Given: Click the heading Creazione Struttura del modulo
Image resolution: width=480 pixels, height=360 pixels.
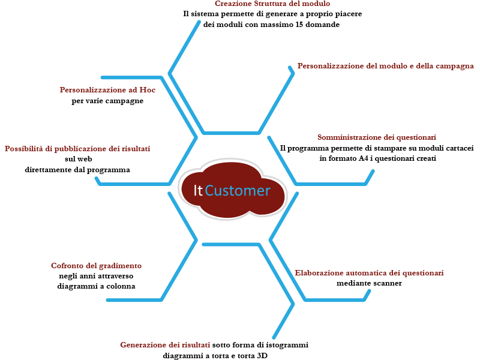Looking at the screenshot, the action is click(x=272, y=4).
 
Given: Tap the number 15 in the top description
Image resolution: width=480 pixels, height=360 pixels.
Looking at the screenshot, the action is click(x=299, y=25).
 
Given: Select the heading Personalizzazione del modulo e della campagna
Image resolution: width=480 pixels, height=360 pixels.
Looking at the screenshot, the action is click(x=385, y=66).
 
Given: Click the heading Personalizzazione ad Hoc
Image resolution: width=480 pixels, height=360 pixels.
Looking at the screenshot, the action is click(x=107, y=90).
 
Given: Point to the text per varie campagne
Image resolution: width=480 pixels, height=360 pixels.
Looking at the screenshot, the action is click(x=107, y=101).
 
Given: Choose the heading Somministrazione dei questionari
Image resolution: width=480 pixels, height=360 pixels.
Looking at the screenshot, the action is click(x=377, y=137).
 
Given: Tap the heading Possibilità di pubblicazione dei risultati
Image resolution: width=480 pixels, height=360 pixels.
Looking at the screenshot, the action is click(x=77, y=149).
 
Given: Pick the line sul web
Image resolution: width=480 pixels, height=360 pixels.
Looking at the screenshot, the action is click(x=79, y=159).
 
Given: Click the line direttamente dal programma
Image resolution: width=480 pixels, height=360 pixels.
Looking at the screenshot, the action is click(x=77, y=170).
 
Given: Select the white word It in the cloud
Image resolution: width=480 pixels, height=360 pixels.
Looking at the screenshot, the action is click(x=198, y=191).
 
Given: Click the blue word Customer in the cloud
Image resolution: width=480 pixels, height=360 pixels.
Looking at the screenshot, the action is click(x=238, y=191).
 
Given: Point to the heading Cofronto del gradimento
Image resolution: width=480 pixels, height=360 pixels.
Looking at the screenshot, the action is click(x=96, y=266).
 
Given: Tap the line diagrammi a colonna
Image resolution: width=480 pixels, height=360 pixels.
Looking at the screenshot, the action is click(x=96, y=287).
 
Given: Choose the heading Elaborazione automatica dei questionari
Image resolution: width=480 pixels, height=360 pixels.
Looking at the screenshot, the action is click(x=369, y=273).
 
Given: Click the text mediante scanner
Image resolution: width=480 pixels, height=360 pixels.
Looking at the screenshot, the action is click(x=369, y=283).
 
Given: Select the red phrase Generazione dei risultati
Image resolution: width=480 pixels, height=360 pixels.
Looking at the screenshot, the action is click(x=165, y=345).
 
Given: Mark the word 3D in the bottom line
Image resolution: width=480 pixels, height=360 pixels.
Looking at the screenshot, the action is click(x=262, y=356).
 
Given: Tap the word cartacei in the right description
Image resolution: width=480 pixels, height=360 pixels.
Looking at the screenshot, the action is click(x=460, y=148).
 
